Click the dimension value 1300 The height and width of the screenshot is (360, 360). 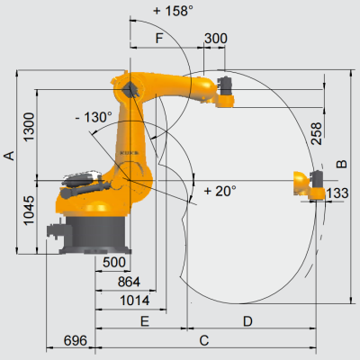(30, 127)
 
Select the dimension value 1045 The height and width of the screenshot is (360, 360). (30, 211)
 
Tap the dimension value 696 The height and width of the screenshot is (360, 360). (76, 340)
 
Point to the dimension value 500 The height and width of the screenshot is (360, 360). (114, 262)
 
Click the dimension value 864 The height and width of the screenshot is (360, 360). (129, 282)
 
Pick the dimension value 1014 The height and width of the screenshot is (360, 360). (135, 301)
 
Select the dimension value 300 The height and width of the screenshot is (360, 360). (216, 39)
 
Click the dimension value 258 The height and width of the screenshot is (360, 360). (317, 133)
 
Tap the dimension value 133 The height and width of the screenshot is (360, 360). (337, 193)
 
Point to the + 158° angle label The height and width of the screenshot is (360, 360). (173, 11)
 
